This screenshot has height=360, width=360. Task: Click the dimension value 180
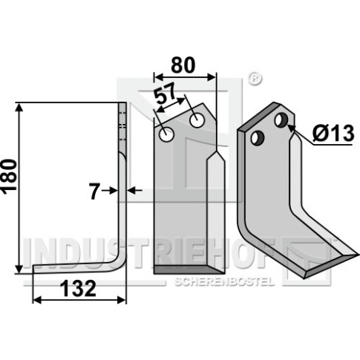(9, 176)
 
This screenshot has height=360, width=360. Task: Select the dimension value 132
(79, 289)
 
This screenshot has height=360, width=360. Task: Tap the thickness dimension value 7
(94, 192)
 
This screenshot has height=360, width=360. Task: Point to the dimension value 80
(183, 65)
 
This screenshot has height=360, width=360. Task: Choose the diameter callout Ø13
(333, 134)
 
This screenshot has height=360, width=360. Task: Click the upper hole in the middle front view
(197, 120)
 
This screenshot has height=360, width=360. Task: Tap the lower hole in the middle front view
(166, 135)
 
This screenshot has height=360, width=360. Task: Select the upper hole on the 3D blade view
(281, 120)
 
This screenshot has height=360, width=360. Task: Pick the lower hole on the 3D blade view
(258, 138)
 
